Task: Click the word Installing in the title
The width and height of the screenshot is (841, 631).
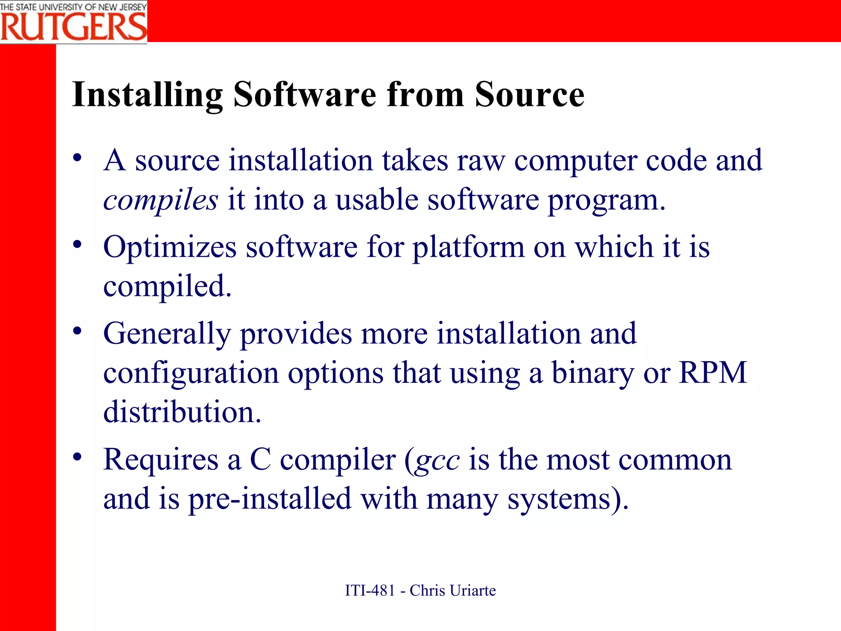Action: click(x=147, y=94)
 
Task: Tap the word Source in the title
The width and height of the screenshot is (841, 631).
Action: click(x=529, y=94)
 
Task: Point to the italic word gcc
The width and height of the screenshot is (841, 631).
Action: click(x=437, y=460)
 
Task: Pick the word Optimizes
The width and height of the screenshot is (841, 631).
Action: click(x=170, y=247)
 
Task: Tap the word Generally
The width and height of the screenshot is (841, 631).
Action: click(x=167, y=334)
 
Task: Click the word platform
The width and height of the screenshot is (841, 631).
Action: click(x=469, y=247)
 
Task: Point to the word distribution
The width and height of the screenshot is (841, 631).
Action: click(x=182, y=412)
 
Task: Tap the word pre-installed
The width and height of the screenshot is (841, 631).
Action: click(x=270, y=499)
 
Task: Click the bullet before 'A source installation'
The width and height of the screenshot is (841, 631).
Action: click(x=77, y=158)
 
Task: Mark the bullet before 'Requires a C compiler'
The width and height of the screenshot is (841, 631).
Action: click(x=77, y=456)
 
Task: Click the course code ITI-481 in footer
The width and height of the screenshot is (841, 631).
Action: click(x=370, y=590)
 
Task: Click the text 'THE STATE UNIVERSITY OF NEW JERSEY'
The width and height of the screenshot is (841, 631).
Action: click(x=74, y=7)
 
